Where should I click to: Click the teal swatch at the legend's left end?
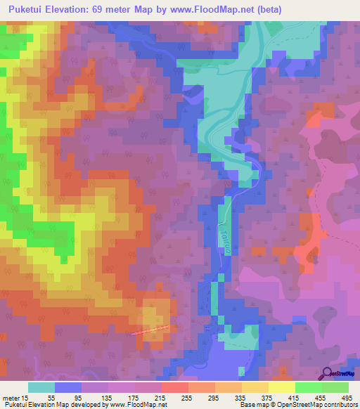(x=41, y=387)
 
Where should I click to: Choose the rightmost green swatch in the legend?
(x=335, y=387)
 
